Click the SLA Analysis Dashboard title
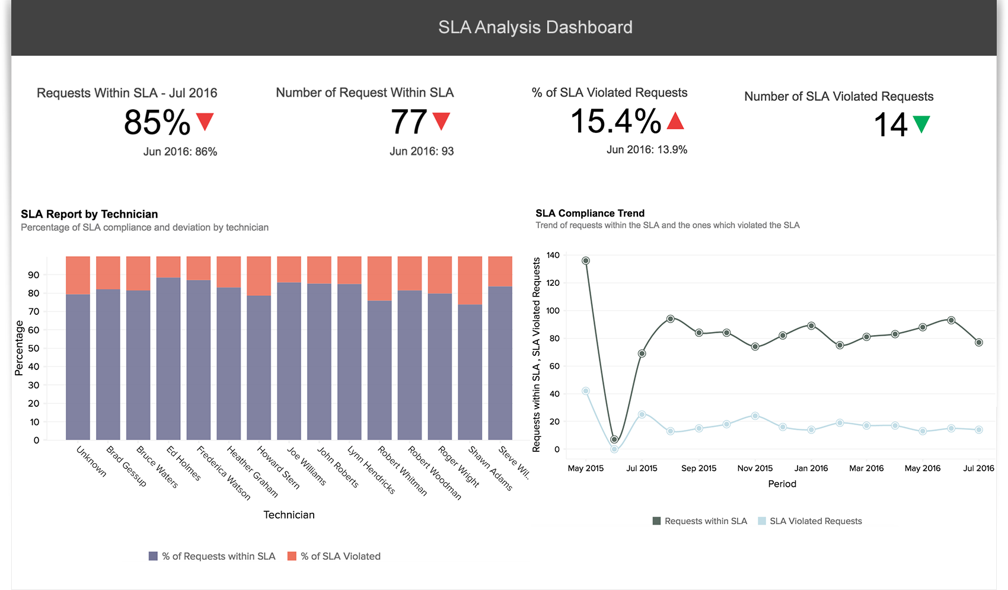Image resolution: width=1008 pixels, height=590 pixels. click(x=535, y=27)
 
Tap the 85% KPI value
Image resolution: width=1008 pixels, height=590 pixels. click(x=157, y=123)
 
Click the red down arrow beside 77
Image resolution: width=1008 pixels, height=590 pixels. click(x=441, y=121)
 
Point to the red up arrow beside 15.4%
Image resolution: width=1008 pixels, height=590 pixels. click(x=675, y=121)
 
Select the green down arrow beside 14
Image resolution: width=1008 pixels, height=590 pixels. click(x=921, y=124)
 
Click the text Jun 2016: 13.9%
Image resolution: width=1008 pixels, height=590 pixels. click(x=646, y=150)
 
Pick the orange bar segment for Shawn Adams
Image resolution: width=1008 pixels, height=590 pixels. click(x=470, y=280)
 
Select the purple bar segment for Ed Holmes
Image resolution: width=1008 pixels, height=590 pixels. click(x=168, y=359)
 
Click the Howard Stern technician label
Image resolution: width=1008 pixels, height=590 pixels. click(x=279, y=467)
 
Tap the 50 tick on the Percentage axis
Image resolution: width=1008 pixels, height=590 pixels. click(x=34, y=348)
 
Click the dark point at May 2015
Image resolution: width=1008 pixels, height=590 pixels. click(x=586, y=260)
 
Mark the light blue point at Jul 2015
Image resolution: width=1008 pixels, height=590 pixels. click(x=642, y=414)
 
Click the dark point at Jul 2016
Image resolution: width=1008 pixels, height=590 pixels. click(x=979, y=342)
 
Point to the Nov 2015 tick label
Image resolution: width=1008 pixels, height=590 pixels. click(x=755, y=468)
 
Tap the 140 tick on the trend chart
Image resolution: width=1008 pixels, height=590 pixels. click(x=553, y=256)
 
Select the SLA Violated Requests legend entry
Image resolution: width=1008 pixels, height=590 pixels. click(x=810, y=521)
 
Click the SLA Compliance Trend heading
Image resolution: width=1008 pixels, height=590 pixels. click(x=589, y=213)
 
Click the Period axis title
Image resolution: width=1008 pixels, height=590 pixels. click(x=782, y=484)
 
